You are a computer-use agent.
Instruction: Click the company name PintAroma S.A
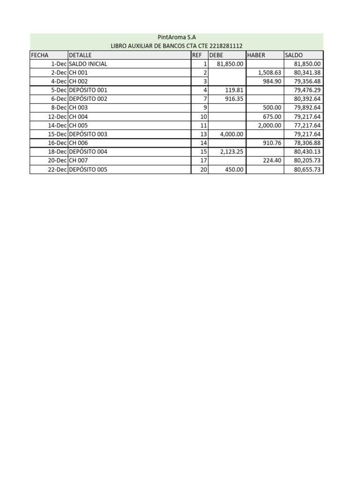click(x=176, y=37)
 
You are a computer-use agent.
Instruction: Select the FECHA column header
click(x=40, y=55)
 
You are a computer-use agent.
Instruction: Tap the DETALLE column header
click(x=80, y=55)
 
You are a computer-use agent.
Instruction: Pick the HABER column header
click(x=256, y=55)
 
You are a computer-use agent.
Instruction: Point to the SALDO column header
click(x=294, y=55)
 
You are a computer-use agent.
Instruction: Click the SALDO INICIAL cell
click(x=88, y=64)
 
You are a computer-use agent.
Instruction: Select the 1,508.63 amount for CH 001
click(x=270, y=73)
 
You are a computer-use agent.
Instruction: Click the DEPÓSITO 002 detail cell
click(x=88, y=99)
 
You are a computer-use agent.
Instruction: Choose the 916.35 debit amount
click(x=234, y=99)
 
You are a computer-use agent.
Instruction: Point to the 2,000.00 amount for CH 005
click(x=270, y=125)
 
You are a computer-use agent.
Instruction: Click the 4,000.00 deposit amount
click(x=232, y=134)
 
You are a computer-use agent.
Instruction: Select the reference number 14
click(x=203, y=143)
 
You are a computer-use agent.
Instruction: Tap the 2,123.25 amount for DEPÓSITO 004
click(x=232, y=152)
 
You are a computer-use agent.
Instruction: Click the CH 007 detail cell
click(x=78, y=161)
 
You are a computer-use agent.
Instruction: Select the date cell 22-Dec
click(x=58, y=170)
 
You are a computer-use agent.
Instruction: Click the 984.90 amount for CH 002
click(x=272, y=82)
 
